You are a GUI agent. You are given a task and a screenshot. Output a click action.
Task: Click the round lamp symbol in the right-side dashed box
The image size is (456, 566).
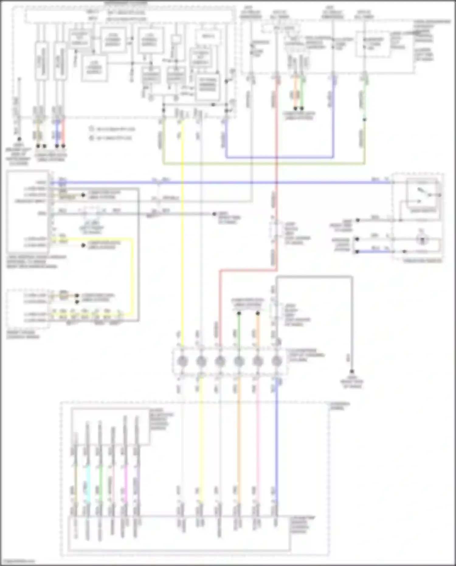(x=422, y=239)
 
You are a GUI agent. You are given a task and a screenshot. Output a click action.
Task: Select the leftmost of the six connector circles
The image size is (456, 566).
(x=182, y=361)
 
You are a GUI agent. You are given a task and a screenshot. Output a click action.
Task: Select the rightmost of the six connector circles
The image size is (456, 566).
(x=276, y=361)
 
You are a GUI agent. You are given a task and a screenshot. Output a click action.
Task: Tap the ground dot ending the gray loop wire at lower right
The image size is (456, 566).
(x=352, y=372)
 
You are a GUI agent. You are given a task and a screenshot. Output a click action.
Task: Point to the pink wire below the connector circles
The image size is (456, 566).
(x=258, y=441)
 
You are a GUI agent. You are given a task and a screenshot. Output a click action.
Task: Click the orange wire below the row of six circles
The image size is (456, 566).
(x=239, y=441)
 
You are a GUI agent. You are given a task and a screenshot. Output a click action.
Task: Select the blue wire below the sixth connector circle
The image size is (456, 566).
(x=276, y=441)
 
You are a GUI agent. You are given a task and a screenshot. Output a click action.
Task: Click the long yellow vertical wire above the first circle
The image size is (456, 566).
(x=182, y=243)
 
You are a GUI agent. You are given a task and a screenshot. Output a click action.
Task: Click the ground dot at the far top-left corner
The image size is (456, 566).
(x=19, y=139)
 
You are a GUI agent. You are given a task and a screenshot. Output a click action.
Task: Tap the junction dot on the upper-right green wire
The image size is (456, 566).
(x=364, y=120)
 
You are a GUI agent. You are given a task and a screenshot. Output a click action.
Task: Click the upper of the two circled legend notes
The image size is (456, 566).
(x=91, y=129)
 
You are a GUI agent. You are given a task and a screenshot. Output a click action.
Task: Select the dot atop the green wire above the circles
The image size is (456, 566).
(x=239, y=313)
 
